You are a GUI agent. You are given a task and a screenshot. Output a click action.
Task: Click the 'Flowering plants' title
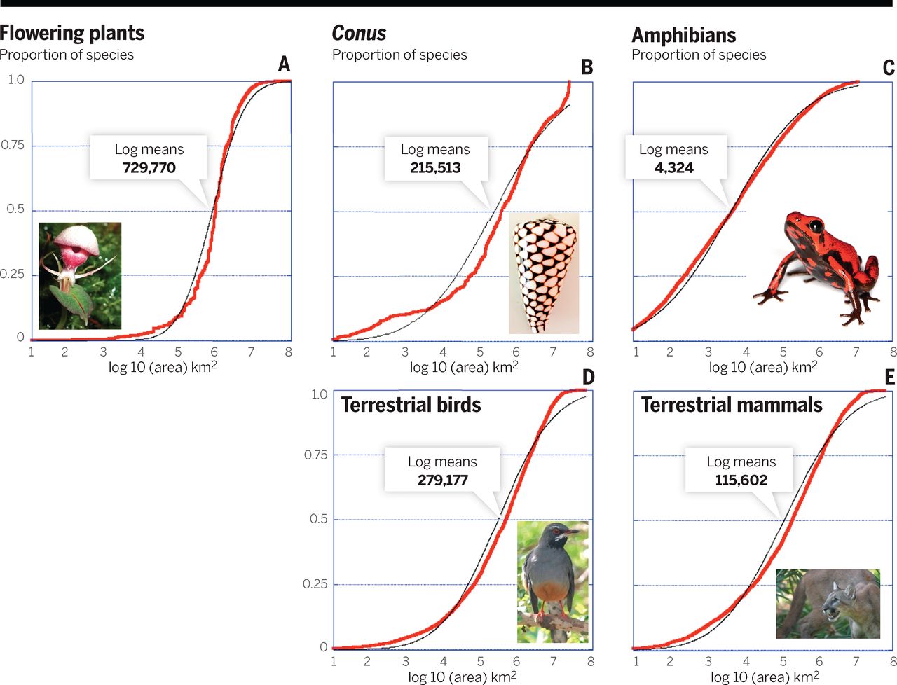pos(71,33)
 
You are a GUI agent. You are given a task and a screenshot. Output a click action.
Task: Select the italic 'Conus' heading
pos(359,33)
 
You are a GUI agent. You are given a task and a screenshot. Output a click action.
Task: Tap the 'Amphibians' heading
pos(683,35)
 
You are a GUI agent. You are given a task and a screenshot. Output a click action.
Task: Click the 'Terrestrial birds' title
pos(411,405)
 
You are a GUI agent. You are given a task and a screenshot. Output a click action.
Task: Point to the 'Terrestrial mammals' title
pos(732,405)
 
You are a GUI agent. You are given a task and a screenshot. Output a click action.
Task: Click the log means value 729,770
pos(149,168)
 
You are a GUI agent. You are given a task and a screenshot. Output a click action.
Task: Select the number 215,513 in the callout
pos(435,168)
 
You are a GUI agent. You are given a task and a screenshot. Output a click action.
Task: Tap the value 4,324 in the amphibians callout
pos(673,168)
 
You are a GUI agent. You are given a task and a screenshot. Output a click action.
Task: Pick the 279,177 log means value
pos(442,480)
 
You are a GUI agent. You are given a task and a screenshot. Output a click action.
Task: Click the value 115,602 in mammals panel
pos(741,480)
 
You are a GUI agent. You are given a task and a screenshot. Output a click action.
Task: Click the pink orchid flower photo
pos(79,275)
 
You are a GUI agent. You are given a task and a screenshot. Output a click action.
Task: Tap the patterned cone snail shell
pos(544,273)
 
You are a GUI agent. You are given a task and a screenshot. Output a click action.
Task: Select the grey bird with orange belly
pos(552,581)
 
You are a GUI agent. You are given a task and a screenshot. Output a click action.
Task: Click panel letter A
pos(284,64)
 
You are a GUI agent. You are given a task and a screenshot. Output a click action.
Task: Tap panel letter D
pos(587,377)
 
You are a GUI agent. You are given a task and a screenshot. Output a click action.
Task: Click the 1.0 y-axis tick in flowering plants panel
pos(15,80)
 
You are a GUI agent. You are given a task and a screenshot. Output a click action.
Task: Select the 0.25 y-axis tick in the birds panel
pos(315,584)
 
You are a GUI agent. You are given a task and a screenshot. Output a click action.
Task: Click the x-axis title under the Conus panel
pos(463,367)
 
